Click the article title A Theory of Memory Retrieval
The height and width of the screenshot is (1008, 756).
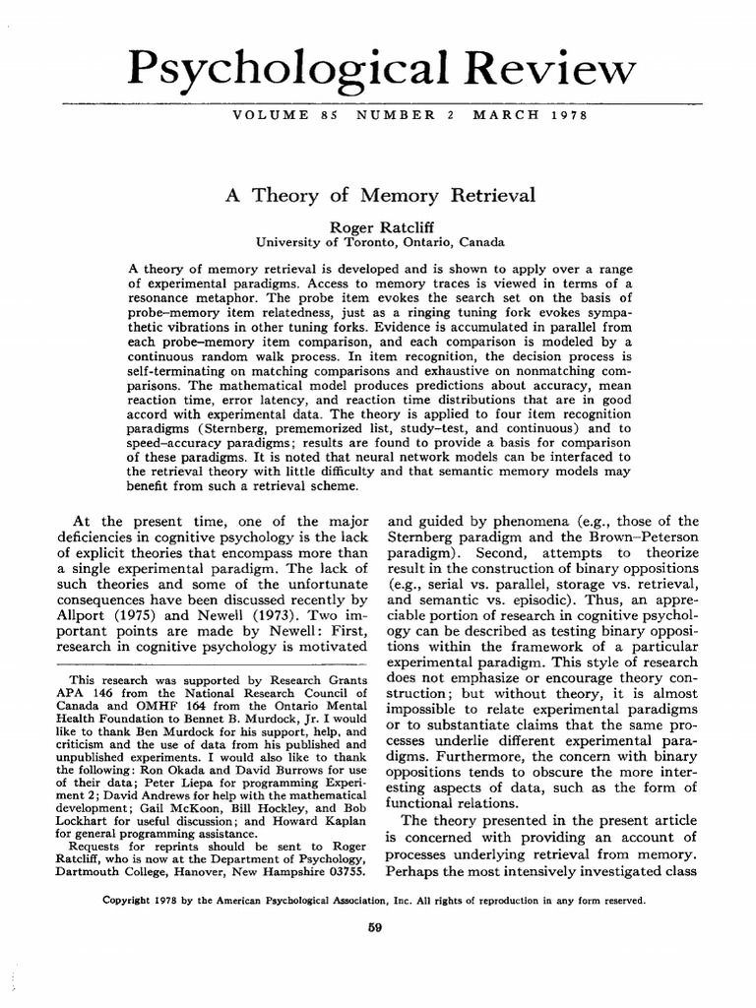[x=380, y=195]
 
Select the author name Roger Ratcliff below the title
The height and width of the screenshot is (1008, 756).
[x=380, y=224]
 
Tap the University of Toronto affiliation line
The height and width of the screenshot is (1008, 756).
[x=380, y=240]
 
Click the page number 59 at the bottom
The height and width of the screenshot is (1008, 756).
[x=374, y=927]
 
